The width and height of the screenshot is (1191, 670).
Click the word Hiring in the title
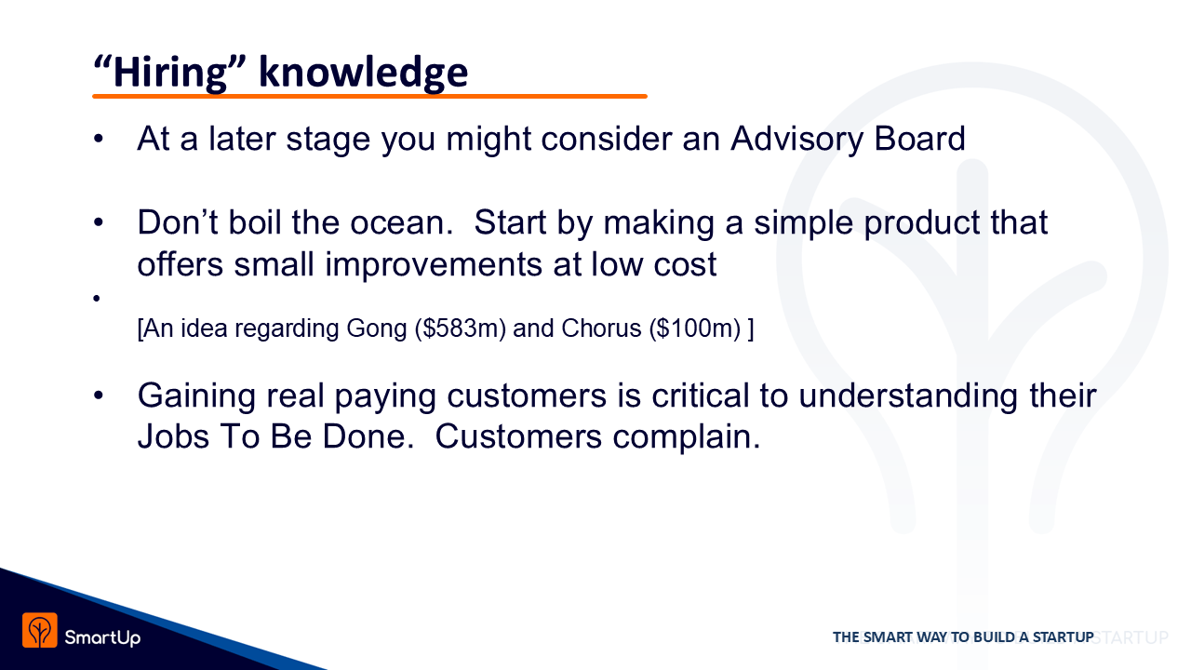(x=170, y=73)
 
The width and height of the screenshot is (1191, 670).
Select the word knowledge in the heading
(x=363, y=73)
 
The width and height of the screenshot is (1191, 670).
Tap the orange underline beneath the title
(x=369, y=96)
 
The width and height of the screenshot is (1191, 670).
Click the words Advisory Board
(x=848, y=140)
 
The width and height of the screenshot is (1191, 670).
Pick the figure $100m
(x=694, y=328)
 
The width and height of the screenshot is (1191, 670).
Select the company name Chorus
(x=601, y=328)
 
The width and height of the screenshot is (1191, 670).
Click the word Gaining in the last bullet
(x=196, y=396)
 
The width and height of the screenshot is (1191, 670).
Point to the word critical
(x=701, y=395)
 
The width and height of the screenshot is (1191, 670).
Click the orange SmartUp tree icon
(x=39, y=630)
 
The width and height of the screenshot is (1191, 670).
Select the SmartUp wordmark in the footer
(x=102, y=637)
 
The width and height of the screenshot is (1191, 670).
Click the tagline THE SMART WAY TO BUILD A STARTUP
(x=963, y=637)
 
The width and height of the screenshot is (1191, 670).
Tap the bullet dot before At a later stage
(x=99, y=140)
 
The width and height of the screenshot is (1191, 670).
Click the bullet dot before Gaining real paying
(x=99, y=395)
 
